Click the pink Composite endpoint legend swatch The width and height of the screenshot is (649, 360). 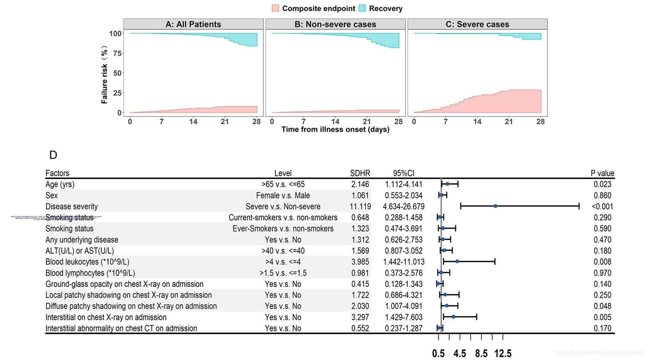276,8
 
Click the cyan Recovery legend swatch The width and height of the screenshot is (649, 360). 362,8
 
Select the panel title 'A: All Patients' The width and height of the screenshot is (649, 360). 193,24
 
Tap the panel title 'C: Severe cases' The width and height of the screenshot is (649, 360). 477,24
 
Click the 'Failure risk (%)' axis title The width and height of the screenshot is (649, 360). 104,75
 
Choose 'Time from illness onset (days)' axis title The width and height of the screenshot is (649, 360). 335,129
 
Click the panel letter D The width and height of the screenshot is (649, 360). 53,155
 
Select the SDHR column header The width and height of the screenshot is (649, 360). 360,173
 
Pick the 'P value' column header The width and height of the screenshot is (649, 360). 602,173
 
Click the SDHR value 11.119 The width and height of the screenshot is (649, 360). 360,206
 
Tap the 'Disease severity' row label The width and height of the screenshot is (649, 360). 71,206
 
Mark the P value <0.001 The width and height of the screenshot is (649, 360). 602,206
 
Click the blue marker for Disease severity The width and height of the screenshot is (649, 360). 495,206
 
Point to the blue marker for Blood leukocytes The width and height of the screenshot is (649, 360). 457,261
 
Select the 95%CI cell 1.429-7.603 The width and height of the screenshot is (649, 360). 404,317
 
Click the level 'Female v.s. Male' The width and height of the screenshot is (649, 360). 283,196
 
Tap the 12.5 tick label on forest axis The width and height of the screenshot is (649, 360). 503,354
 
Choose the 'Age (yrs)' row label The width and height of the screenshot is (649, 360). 60,184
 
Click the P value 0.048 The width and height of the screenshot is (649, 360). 602,306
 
